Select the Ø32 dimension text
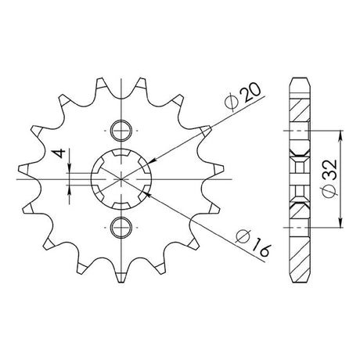tap(329, 179)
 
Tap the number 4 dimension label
tap(59, 153)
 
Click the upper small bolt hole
tap(121, 131)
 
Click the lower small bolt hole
tap(121, 228)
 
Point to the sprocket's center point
tap(121, 179)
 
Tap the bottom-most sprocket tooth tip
tap(121, 283)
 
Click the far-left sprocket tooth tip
tap(19, 169)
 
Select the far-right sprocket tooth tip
tap(223, 169)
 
